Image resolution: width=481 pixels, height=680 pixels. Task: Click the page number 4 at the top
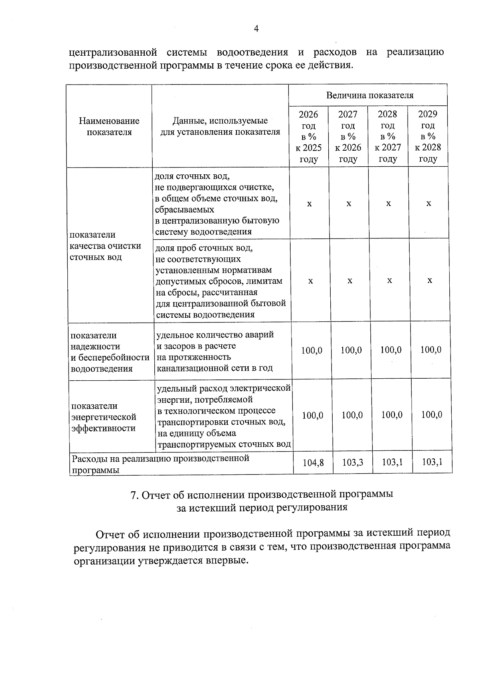click(x=257, y=28)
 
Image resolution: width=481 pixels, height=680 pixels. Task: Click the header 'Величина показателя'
click(x=369, y=95)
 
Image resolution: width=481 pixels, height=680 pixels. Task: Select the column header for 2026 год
click(x=308, y=136)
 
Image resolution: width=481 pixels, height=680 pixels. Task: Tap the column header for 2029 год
click(x=428, y=136)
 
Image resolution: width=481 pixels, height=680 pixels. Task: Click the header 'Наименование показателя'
click(x=109, y=126)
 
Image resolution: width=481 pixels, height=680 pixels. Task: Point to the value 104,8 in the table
click(x=313, y=463)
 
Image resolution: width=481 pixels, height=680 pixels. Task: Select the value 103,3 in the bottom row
click(x=352, y=463)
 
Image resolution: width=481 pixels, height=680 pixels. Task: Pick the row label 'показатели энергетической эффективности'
click(x=104, y=417)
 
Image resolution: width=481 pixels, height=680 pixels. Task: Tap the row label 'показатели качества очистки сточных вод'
click(x=105, y=246)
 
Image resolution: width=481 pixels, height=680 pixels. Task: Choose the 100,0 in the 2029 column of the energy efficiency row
click(x=432, y=415)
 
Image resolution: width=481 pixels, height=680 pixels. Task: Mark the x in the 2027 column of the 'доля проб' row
click(x=350, y=281)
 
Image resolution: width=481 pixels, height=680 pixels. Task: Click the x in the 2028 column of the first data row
click(x=388, y=204)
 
